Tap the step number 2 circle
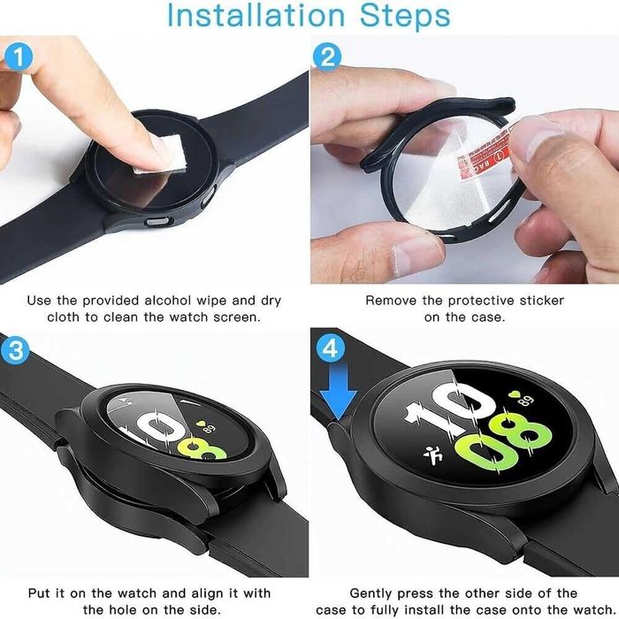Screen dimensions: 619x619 [x=328, y=59]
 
